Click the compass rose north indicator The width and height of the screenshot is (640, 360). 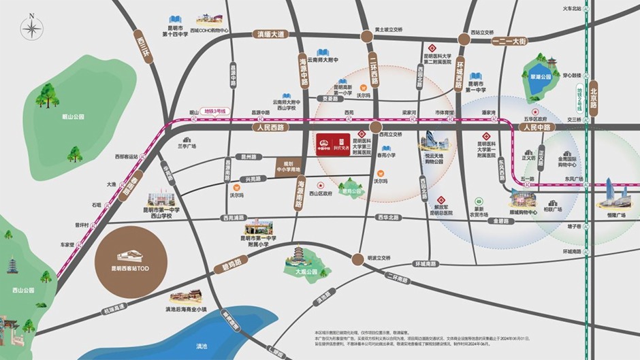coord(31,29)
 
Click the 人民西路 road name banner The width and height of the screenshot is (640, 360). coord(270,127)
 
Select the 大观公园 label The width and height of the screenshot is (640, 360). coord(306,272)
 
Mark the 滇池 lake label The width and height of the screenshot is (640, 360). coord(201,346)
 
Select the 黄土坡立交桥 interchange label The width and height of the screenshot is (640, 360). coord(389,30)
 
